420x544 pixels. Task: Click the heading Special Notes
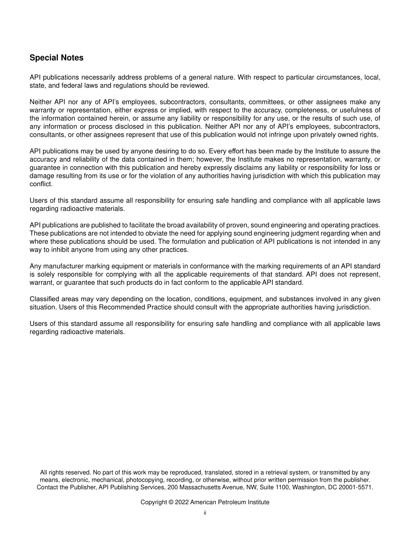tap(56, 58)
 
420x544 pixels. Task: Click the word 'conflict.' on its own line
tap(41, 184)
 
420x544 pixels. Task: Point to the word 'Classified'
tap(44, 299)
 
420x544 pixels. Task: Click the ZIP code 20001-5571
tap(355, 487)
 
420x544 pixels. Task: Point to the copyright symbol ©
tap(170, 502)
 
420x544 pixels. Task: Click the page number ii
tap(205, 513)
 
